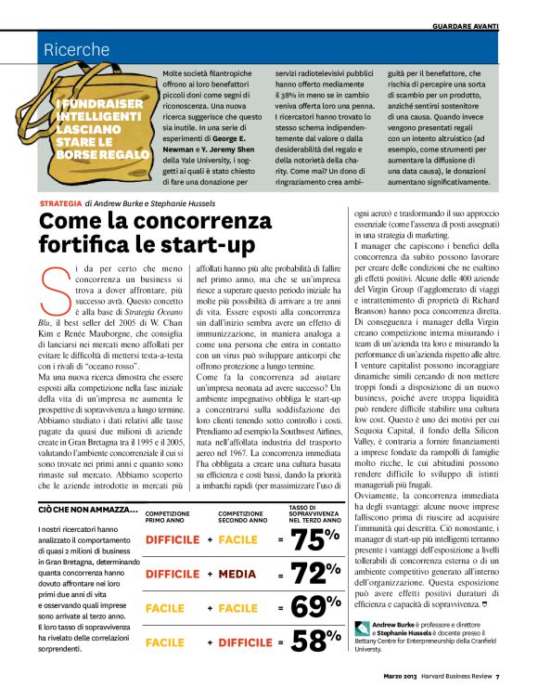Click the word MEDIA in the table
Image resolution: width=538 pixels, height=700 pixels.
pyautogui.click(x=237, y=575)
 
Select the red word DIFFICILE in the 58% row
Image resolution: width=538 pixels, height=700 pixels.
pyautogui.click(x=245, y=642)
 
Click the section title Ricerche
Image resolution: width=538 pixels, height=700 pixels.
pyautogui.click(x=77, y=50)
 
